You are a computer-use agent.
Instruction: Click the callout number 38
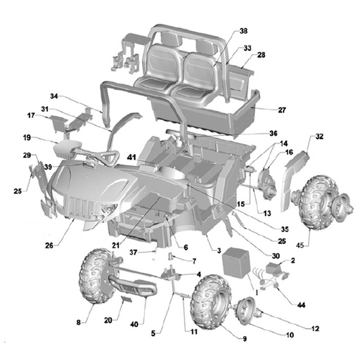coord(243,31)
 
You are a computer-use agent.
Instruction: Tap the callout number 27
coord(282,110)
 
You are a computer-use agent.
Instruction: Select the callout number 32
coord(319,136)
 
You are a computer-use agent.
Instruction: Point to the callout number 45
coord(300,245)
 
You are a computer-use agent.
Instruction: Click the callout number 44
coord(301,305)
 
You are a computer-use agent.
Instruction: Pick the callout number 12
coord(316,328)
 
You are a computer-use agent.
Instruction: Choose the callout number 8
coord(79,323)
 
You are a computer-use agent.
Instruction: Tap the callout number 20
coord(108,320)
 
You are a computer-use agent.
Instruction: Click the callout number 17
coord(31,115)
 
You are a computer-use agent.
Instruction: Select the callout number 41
coord(131,157)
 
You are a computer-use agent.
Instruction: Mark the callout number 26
coord(49,245)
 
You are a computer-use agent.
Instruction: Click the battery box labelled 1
coord(236,262)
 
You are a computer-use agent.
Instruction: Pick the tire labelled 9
coord(210,302)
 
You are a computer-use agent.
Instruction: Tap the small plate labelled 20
coord(127,298)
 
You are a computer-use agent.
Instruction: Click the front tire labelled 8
coord(96,276)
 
